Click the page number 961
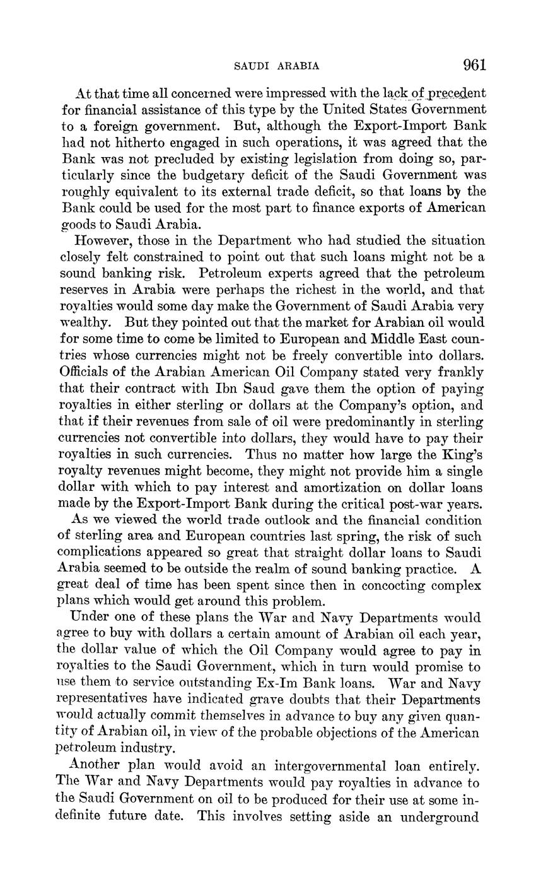coord(474,64)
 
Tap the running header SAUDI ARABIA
coord(276,66)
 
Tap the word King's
coord(462,454)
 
